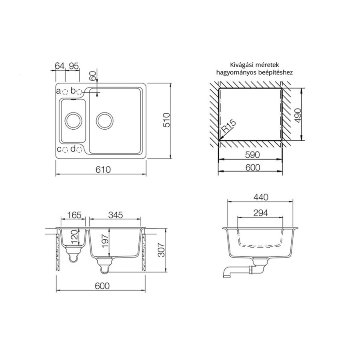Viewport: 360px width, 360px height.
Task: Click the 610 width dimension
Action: click(103, 170)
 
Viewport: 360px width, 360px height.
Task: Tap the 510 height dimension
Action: click(166, 120)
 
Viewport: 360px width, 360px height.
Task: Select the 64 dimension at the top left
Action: click(60, 66)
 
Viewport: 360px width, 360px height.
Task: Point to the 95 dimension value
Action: click(74, 66)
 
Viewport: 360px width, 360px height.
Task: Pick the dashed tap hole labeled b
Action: click(79, 92)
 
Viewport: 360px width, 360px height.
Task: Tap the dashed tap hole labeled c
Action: click(65, 150)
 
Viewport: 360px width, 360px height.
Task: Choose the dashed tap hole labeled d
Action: click(79, 150)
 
